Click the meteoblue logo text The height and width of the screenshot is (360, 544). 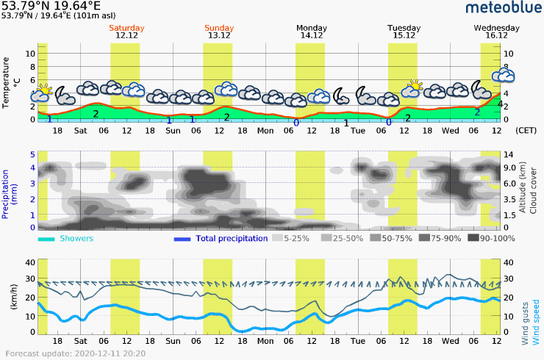[x=502, y=8]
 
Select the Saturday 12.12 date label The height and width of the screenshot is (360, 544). [x=127, y=32]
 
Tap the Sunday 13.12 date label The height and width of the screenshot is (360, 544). [x=219, y=32]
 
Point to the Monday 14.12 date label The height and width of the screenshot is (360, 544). [x=312, y=32]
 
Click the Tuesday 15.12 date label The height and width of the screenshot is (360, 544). [x=404, y=32]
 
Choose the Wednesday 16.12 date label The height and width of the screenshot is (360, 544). [x=497, y=32]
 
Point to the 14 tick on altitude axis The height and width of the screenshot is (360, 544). [x=508, y=155]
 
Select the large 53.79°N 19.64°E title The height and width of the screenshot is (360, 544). [x=51, y=6]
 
